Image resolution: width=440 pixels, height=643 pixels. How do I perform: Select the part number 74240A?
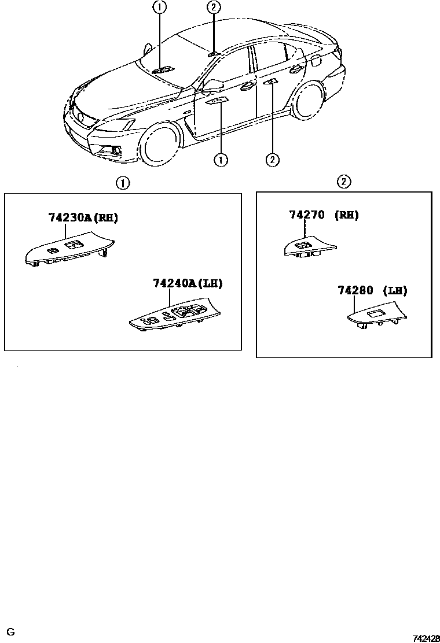tap(175, 283)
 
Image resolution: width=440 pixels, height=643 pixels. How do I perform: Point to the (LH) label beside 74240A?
tap(210, 283)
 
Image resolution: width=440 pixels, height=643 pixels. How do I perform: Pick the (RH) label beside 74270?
tap(347, 215)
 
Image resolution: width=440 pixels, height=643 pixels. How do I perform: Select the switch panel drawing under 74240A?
tap(174, 317)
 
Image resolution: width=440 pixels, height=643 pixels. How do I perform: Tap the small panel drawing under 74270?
tap(307, 247)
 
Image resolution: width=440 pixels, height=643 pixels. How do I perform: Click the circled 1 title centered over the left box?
tap(122, 183)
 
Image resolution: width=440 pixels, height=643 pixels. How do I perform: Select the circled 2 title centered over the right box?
tap(343, 182)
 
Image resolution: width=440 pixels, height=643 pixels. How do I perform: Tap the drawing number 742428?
tap(426, 638)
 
